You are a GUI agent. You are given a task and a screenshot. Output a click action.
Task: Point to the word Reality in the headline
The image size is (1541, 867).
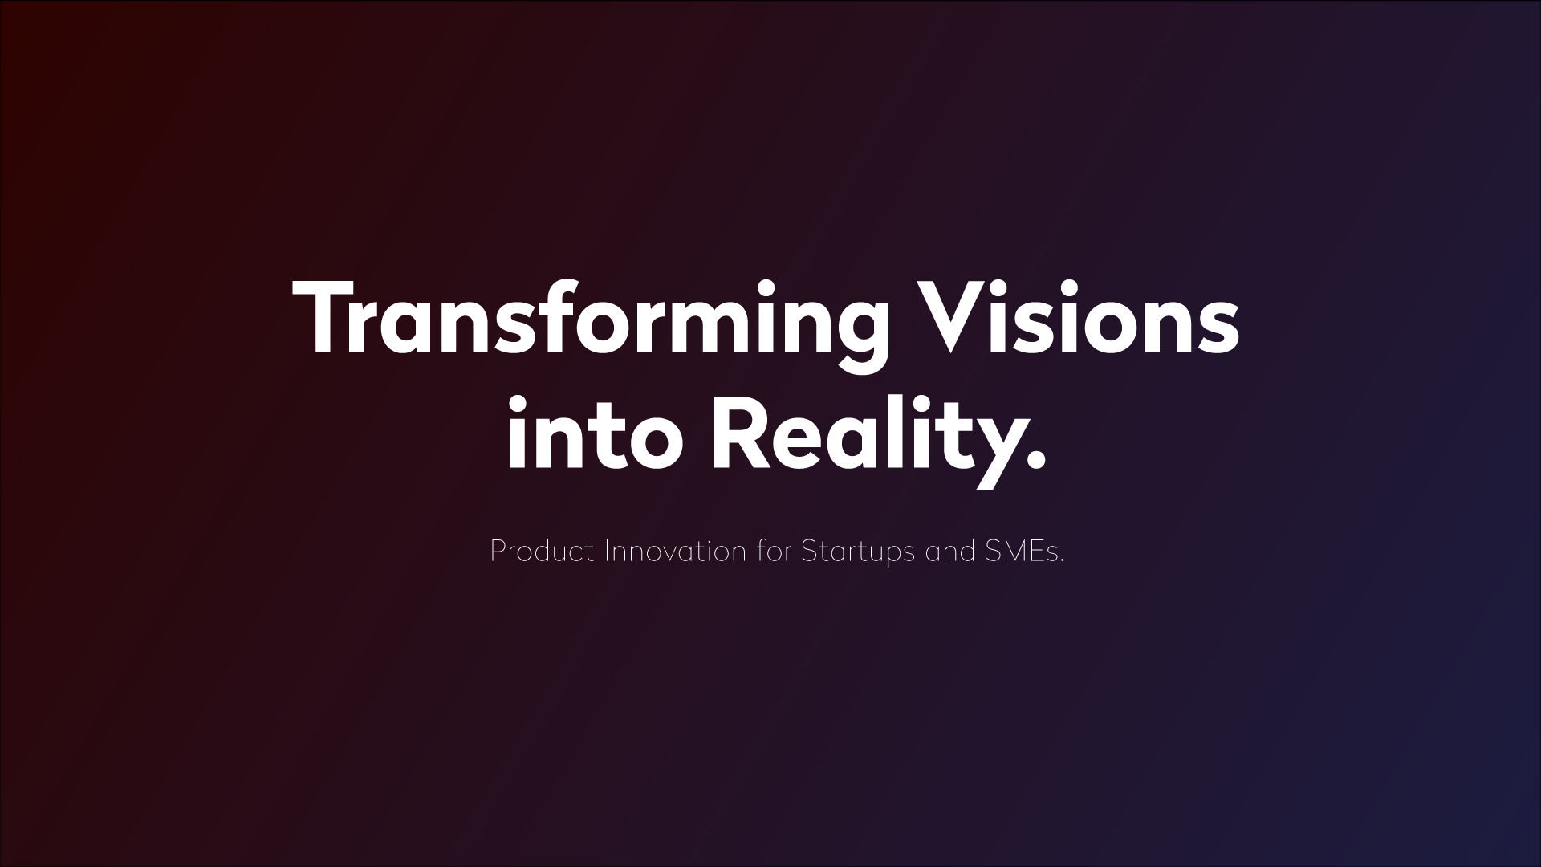(x=879, y=441)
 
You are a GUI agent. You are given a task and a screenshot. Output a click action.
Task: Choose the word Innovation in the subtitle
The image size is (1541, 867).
(x=675, y=552)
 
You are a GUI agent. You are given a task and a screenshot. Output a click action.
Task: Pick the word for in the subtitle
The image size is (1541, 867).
(x=774, y=552)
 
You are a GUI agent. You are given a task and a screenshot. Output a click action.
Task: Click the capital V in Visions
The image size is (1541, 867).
(x=960, y=317)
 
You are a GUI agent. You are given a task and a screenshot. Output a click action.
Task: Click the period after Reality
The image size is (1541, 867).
(x=1037, y=461)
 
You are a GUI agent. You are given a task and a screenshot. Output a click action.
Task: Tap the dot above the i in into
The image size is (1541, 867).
(x=518, y=403)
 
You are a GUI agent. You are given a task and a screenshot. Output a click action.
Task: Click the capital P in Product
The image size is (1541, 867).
(x=498, y=552)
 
